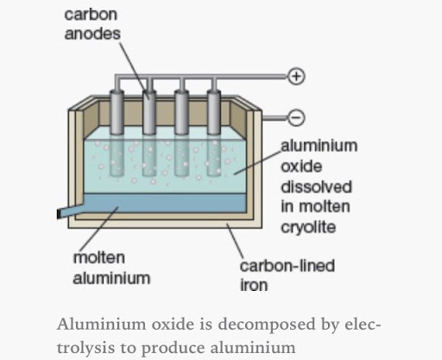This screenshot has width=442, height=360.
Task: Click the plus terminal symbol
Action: (296, 76)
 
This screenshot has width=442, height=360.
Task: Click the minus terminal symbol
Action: (296, 117)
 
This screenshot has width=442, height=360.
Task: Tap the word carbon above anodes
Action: (91, 15)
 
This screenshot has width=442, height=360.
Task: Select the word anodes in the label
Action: (92, 34)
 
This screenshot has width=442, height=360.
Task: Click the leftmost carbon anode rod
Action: (117, 132)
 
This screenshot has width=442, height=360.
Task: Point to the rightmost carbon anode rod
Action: (214, 132)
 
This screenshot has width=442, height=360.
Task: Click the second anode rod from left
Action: (149, 132)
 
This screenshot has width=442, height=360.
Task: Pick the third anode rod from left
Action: (182, 132)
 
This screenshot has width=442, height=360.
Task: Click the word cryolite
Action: (308, 228)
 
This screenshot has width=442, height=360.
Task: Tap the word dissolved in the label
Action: (316, 186)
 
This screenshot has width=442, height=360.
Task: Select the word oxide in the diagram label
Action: (301, 167)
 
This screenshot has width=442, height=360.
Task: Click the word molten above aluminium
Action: (99, 257)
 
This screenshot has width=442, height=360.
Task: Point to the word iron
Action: (254, 285)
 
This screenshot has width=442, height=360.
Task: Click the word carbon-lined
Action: (287, 266)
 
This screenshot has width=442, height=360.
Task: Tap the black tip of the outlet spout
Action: (59, 214)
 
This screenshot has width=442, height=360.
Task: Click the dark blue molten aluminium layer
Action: (165, 203)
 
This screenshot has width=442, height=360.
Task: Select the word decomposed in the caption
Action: (267, 325)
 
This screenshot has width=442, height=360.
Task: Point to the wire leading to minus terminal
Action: (275, 117)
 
